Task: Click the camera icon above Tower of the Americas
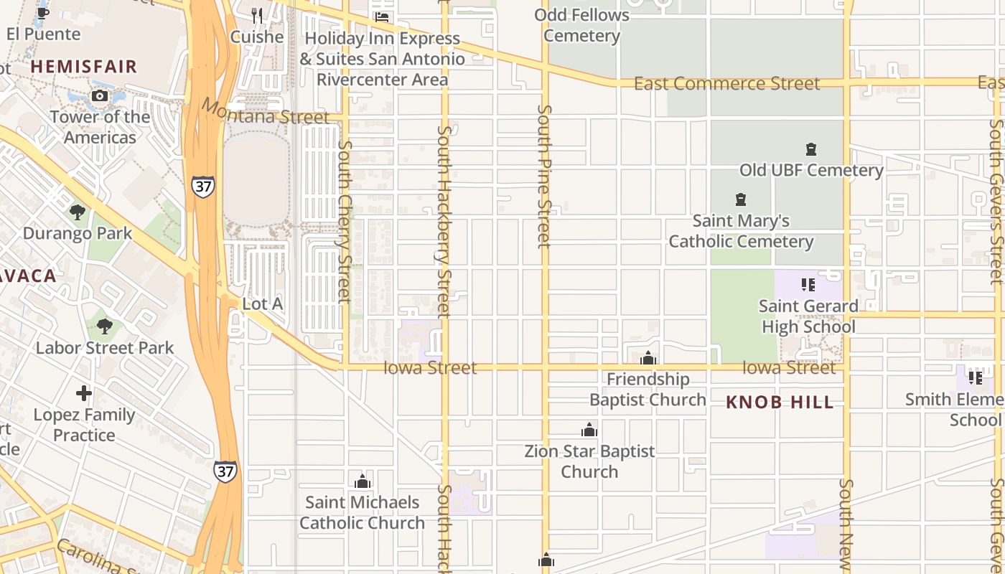click(100, 96)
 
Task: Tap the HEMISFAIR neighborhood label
click(83, 67)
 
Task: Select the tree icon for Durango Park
click(78, 212)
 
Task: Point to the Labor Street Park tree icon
click(105, 326)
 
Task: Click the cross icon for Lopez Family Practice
click(84, 393)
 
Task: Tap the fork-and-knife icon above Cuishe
click(257, 15)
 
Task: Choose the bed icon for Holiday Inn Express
click(382, 17)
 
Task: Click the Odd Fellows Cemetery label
click(581, 25)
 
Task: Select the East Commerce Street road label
click(726, 84)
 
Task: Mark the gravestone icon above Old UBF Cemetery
click(811, 149)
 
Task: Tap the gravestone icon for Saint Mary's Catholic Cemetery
click(741, 199)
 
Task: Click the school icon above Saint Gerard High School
click(808, 285)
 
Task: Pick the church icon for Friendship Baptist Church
click(648, 358)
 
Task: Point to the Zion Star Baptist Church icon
click(589, 430)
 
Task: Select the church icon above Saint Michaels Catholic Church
click(363, 481)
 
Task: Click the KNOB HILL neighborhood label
click(780, 402)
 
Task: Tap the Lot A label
click(262, 304)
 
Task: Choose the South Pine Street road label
click(544, 177)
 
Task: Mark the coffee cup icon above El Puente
click(43, 12)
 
